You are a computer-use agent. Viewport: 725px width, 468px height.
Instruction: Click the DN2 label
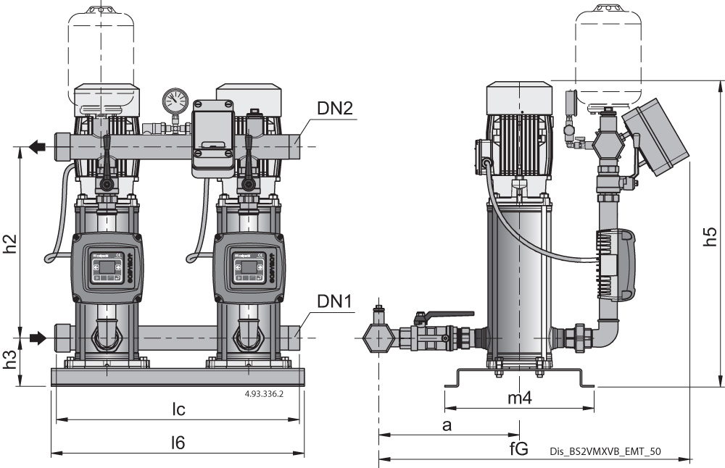point(335,109)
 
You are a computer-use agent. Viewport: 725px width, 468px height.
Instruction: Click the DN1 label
point(335,301)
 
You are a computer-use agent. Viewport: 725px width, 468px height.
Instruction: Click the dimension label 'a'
point(447,425)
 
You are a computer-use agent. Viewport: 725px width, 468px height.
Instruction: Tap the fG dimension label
point(518,450)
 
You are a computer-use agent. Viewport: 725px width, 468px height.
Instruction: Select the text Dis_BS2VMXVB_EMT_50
point(605,451)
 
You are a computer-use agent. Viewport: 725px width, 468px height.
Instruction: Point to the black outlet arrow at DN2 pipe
point(37,147)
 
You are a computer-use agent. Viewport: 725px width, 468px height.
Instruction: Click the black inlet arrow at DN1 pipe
point(37,338)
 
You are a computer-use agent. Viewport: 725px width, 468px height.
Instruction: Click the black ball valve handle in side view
point(444,316)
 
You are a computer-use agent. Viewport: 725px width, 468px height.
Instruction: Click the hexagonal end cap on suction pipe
point(378,338)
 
